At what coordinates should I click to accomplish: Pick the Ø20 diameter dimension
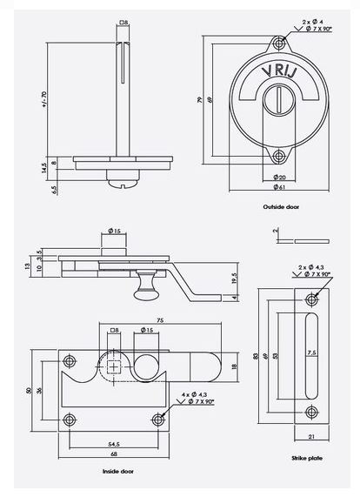(278, 177)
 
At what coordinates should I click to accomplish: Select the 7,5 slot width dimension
(310, 352)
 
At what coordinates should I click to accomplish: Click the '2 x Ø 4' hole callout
(310, 19)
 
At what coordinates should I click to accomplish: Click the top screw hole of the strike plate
(311, 299)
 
